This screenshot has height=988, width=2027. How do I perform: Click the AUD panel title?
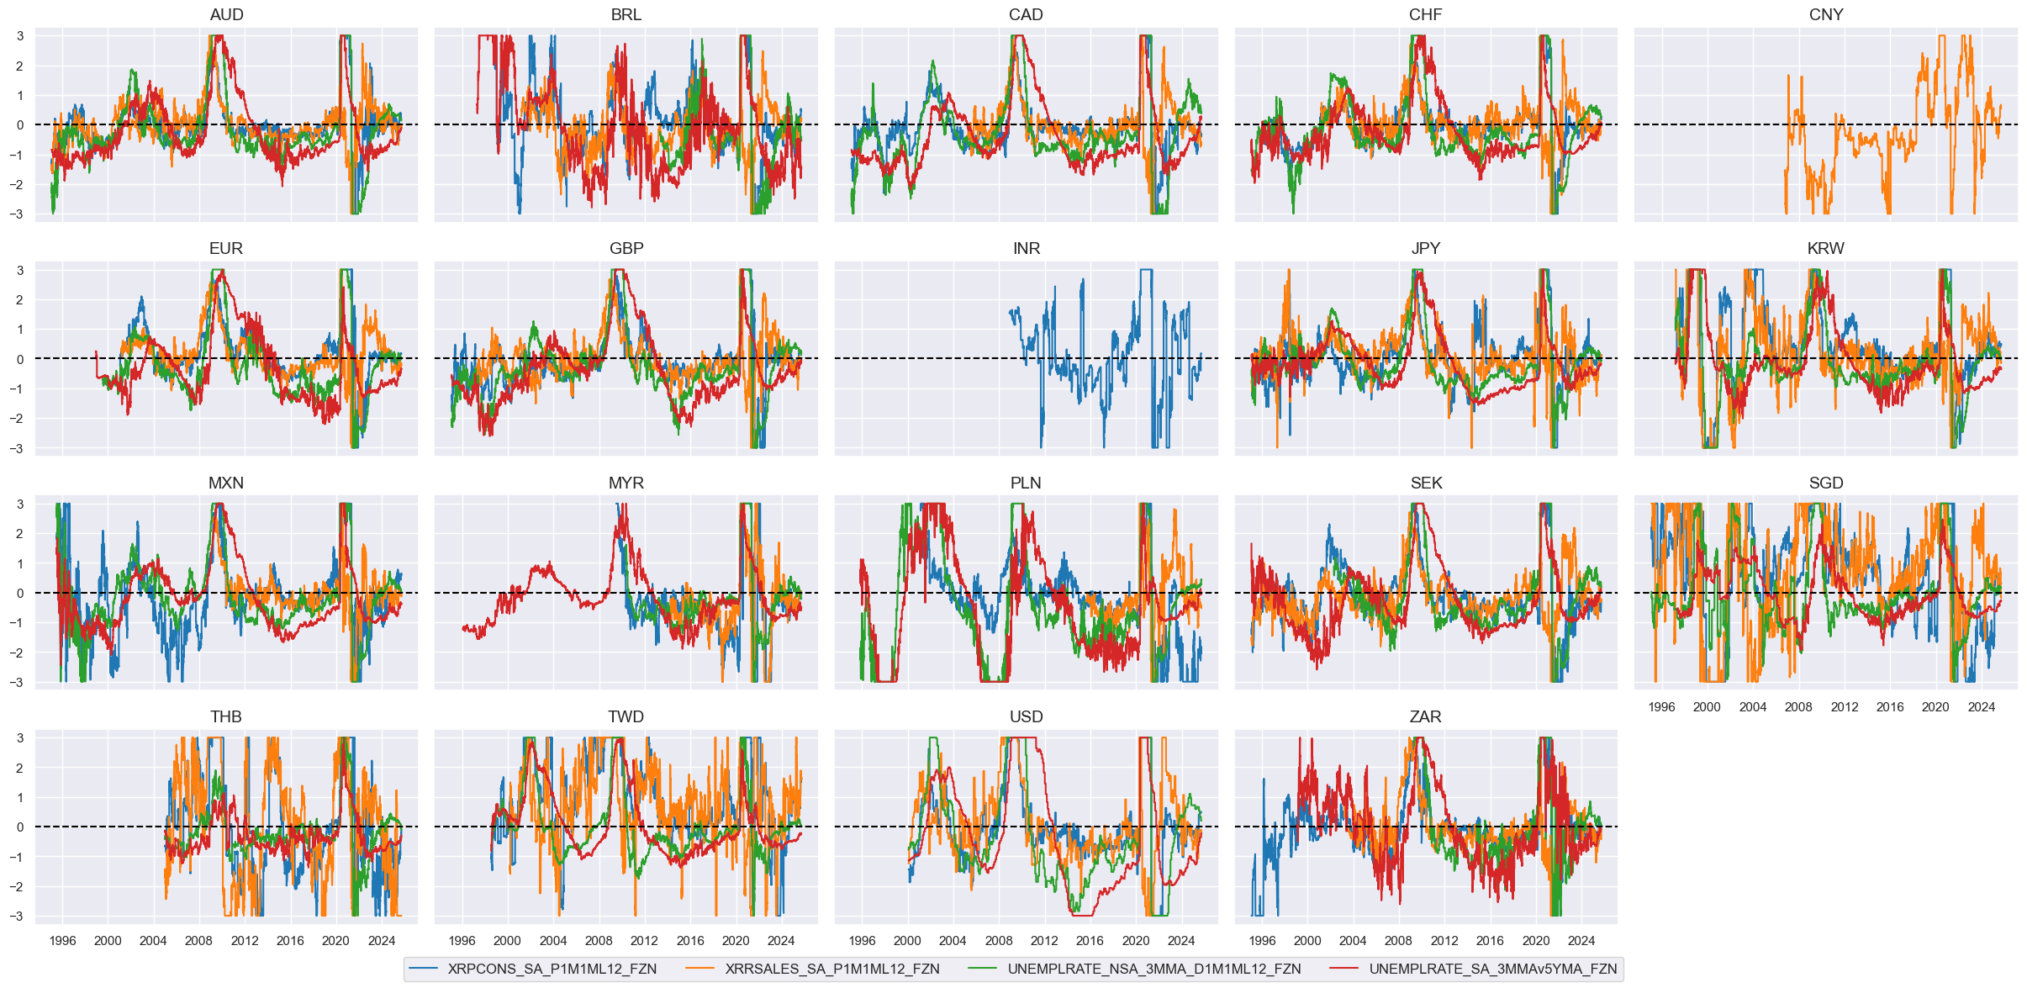pos(226,15)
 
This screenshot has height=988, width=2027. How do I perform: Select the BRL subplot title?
pos(626,15)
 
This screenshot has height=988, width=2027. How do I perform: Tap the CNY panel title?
pos(1826,15)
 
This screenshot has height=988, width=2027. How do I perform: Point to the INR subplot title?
pos(1026,249)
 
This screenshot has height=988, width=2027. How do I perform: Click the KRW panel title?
pos(1826,249)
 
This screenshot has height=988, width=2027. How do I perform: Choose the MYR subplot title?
pos(626,483)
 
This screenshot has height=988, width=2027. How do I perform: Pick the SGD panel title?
pos(1826,483)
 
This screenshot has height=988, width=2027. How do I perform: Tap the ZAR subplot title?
pos(1426,717)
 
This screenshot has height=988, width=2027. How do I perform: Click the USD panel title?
pos(1026,717)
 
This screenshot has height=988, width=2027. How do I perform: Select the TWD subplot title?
pos(626,717)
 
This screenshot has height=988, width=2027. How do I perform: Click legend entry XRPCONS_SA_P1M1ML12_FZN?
pos(552,969)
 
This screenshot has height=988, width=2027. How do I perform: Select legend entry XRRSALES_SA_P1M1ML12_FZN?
pos(832,969)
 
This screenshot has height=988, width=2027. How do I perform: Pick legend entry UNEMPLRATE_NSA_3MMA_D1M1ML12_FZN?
pos(1153,969)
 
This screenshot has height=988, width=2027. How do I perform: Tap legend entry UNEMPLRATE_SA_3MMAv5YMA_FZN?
pos(1492,969)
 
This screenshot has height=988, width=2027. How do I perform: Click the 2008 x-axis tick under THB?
pos(199,941)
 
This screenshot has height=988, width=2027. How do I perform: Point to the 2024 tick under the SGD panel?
pos(1981,707)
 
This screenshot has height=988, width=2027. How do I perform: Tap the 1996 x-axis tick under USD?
pos(862,941)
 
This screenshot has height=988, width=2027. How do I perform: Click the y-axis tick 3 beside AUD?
pos(20,36)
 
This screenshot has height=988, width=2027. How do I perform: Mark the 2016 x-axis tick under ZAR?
pos(1490,941)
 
